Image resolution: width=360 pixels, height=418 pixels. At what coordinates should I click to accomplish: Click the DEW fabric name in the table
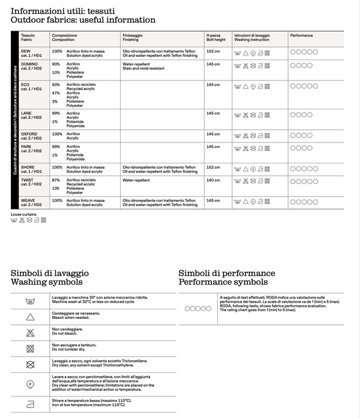(26, 51)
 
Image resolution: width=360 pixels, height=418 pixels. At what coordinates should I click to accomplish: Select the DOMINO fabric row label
(29, 63)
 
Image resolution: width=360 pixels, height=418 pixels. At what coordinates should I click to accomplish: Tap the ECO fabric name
(25, 85)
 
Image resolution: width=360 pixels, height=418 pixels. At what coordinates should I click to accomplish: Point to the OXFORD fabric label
(29, 134)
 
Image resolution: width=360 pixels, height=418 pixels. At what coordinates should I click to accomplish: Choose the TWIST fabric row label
(28, 180)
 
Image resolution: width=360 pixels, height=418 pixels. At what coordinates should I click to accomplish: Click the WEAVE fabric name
(28, 200)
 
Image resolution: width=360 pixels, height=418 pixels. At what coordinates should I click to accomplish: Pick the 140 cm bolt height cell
(213, 180)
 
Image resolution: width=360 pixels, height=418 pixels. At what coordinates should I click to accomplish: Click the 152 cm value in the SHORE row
(213, 167)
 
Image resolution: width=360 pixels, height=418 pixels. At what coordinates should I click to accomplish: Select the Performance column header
(302, 35)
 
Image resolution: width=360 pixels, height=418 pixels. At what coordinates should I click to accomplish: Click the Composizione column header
(65, 35)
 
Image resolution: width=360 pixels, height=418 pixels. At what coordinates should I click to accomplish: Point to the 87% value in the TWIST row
(56, 180)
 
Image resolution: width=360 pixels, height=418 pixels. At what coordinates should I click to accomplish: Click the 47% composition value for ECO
(56, 93)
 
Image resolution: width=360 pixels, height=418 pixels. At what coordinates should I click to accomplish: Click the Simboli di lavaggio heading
(47, 273)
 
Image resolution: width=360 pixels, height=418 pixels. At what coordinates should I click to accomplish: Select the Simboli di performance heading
(227, 273)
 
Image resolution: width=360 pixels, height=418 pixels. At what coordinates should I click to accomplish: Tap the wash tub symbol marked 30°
(29, 300)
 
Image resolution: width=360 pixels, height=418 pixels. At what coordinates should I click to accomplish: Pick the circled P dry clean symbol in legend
(29, 383)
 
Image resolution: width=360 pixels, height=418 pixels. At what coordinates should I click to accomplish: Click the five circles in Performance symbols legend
(198, 308)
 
